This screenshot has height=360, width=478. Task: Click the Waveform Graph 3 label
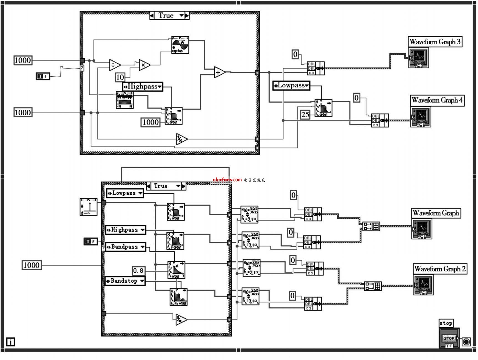(435, 42)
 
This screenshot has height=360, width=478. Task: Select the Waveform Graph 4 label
(437, 100)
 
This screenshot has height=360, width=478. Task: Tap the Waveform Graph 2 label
(440, 269)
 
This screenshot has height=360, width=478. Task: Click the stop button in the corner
(449, 338)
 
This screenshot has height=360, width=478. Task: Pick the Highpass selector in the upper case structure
(143, 86)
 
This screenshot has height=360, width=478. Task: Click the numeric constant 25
(305, 114)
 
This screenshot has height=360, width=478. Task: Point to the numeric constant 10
(120, 77)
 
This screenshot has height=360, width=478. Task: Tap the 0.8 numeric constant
(138, 270)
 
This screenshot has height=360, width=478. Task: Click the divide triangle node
(115, 65)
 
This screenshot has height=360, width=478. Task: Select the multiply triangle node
(144, 65)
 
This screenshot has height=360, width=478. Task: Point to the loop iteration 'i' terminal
(11, 342)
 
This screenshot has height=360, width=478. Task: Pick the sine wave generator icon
(180, 45)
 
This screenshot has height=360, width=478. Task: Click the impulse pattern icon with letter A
(88, 207)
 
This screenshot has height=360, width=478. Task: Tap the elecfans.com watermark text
(227, 180)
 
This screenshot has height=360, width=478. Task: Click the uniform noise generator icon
(125, 100)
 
